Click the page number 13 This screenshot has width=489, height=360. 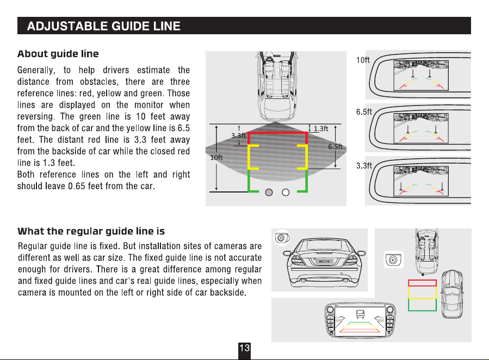pos(245,347)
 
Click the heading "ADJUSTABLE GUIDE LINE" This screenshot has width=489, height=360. pos(104,26)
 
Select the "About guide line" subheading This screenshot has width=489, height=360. pos(58,54)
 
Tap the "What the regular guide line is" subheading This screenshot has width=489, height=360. pos(91,231)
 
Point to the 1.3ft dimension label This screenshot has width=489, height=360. pos(321,129)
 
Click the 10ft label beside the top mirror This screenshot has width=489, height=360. pos(363,60)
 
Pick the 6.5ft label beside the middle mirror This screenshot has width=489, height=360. pos(364,111)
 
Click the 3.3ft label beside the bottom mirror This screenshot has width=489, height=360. pos(364,165)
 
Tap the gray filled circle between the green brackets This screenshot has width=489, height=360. pos(269,193)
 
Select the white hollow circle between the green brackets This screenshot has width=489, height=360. pos(286,193)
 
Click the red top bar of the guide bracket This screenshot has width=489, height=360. pos(277,133)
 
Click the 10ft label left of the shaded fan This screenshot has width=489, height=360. pos(216,157)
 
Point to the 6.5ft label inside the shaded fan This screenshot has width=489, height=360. pos(336,146)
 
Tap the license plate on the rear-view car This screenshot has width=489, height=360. pos(324,262)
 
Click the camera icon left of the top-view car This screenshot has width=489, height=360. pos(393,259)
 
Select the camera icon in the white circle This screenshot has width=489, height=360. pos(282,238)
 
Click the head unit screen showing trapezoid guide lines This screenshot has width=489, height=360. pos(360,320)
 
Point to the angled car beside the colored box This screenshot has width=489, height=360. pos(452,294)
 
